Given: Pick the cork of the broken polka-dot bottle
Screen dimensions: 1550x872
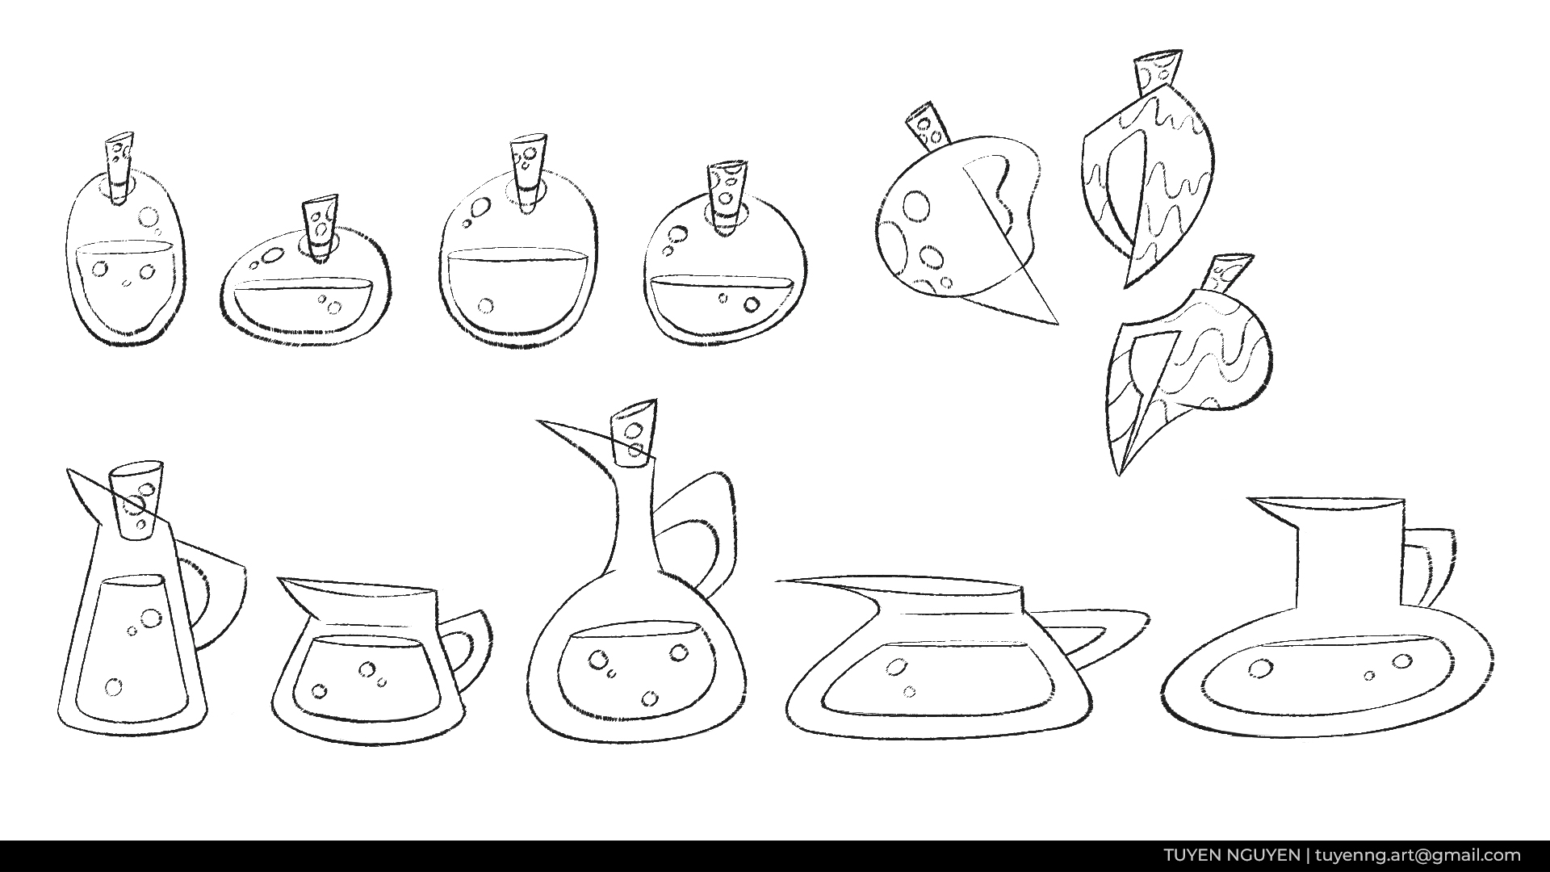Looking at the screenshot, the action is [929, 129].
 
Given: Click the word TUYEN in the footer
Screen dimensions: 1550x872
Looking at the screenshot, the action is [1191, 855].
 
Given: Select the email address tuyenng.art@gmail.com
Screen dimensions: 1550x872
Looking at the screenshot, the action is [1418, 855].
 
